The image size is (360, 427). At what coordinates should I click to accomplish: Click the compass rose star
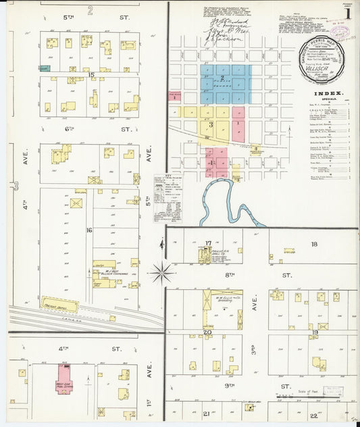(x=162, y=273)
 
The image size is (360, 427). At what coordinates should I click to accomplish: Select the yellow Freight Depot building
(x=59, y=305)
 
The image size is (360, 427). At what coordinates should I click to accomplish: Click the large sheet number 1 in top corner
(x=347, y=13)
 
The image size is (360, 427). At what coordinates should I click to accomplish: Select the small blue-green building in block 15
(x=44, y=68)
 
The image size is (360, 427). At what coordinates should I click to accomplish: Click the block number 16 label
(x=88, y=230)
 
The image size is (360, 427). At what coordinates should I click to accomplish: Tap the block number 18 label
(x=313, y=244)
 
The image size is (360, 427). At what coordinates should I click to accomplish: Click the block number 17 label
(x=209, y=243)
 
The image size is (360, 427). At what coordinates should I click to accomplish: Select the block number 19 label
(x=314, y=332)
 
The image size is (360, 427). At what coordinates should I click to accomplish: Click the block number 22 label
(x=313, y=416)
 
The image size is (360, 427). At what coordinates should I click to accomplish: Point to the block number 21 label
(x=206, y=412)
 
